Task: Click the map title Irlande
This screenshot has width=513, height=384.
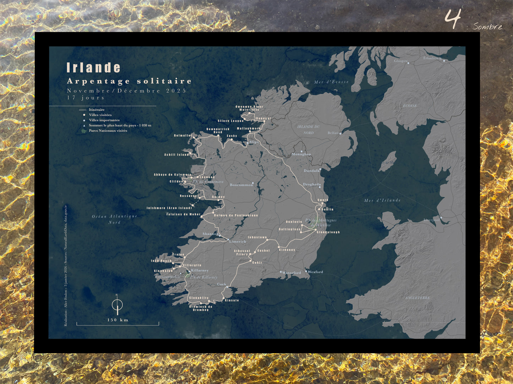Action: coord(94,68)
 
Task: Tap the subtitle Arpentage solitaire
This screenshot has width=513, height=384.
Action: coord(129,81)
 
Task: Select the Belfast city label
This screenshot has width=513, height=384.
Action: coord(333,133)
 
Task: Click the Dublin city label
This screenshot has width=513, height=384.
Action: coord(327,209)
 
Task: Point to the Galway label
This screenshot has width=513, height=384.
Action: coord(218,197)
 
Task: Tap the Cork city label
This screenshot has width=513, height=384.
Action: coord(222,284)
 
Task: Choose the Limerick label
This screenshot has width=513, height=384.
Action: coord(238,242)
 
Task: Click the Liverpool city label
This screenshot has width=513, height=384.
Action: coord(431,220)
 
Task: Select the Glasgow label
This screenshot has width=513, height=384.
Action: coord(401,61)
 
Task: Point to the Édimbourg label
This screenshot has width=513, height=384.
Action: coord(432,58)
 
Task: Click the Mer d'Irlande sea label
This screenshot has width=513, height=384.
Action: coord(382,201)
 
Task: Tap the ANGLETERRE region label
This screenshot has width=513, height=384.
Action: coord(418,298)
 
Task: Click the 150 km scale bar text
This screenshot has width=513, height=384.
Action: coord(118,320)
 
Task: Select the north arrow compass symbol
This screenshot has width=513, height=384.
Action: coord(118,304)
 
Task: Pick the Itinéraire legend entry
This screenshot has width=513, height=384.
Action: coord(97,110)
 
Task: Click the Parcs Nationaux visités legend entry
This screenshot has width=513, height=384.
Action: coord(108,131)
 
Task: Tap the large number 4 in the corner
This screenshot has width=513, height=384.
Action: coord(453,19)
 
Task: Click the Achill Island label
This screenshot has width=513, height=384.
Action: coord(176,155)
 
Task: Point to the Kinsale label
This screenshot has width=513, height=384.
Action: coord(232,300)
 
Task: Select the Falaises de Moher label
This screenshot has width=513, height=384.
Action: coord(183,214)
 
